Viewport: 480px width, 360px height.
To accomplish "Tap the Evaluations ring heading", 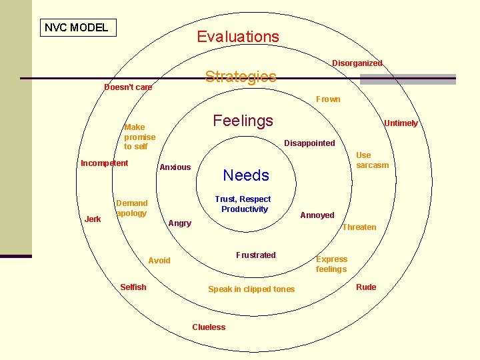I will (x=238, y=37).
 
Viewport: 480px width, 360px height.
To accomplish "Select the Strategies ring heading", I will (x=240, y=77).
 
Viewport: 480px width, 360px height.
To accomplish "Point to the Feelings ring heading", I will (x=243, y=121).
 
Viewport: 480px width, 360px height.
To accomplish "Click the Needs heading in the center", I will (x=246, y=175).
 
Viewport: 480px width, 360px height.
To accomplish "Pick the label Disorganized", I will (x=357, y=63).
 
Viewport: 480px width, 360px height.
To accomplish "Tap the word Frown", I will (x=328, y=99).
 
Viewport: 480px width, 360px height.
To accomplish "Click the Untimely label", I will (x=401, y=123).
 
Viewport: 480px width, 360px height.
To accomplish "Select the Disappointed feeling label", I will (x=309, y=143).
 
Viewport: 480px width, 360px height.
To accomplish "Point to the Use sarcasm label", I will (x=372, y=160).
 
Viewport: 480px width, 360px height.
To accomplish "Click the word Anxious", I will (x=175, y=167).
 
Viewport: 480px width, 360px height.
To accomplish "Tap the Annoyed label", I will (x=317, y=215).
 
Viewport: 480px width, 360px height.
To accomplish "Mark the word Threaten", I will (x=359, y=227).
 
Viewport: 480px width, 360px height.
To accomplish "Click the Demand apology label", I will (x=131, y=208).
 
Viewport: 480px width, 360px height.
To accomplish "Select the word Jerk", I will (x=93, y=219).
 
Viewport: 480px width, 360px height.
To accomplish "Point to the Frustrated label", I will (x=255, y=255).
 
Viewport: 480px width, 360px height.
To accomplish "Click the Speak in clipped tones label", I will (x=251, y=289).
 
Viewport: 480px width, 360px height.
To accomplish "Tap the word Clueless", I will (x=209, y=327).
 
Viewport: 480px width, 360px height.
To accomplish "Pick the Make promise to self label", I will (x=139, y=137).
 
